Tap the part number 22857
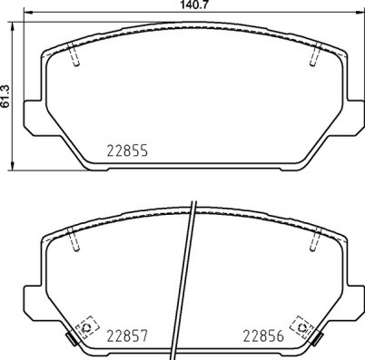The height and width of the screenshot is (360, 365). pos(127,334)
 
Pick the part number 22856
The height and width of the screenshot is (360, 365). pos(262,334)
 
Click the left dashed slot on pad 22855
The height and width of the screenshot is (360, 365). pos(75,55)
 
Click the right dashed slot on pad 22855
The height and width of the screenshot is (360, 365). pos(313,55)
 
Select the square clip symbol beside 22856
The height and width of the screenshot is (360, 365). pos(299,326)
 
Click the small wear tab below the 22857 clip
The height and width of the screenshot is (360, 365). pos(71,342)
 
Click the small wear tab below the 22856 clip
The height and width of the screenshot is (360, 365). pos(317,342)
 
